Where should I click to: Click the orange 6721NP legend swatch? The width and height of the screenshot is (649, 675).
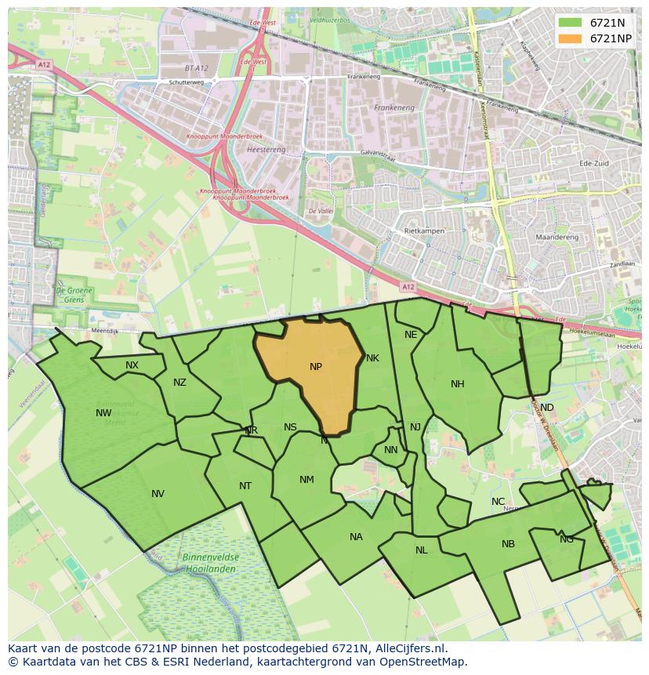pos(571,38)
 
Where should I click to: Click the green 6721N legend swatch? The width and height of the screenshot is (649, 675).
pos(571,23)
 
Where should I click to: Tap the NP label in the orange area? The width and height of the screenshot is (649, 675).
pos(316,367)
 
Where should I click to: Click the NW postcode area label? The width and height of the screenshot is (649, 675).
pos(103,413)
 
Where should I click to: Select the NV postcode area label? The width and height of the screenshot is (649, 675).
pos(158,494)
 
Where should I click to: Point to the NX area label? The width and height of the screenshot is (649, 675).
pos(132,365)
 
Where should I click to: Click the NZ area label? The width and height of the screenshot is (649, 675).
pos(180,383)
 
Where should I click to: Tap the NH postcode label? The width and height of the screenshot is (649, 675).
pos(458,384)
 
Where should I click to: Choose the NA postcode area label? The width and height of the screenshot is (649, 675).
pos(356,537)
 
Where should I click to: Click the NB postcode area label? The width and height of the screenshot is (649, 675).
pos(508,544)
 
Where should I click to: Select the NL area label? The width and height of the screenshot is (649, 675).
pos(422,550)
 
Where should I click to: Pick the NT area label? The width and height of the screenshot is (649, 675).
pos(245,486)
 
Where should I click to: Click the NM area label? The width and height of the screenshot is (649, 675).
pos(306,480)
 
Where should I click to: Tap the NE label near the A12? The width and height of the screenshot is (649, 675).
pos(411,335)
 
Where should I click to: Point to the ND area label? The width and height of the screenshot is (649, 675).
pos(546,408)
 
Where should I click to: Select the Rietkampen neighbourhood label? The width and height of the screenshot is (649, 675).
pos(424,232)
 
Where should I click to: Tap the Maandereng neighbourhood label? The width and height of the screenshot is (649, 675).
pos(556,237)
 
